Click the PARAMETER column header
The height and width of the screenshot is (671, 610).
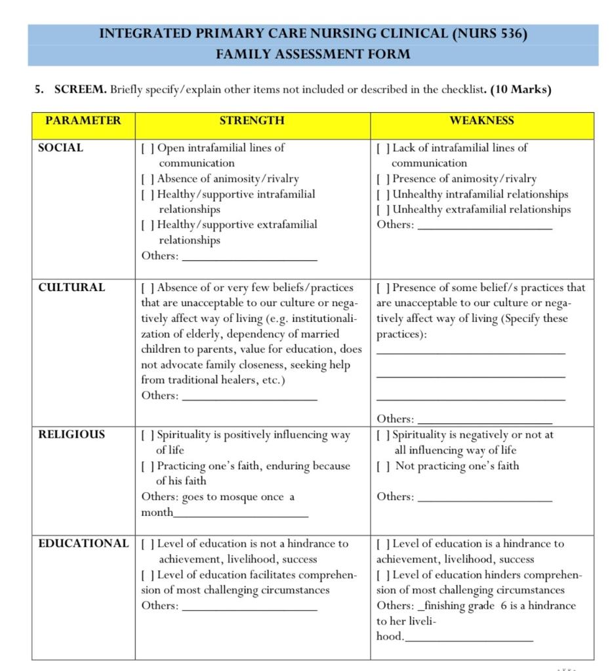coord(83,121)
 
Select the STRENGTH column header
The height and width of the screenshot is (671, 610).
coord(252,121)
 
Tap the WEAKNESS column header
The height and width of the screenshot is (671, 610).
coord(481,121)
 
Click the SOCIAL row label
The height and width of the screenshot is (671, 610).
coord(61,148)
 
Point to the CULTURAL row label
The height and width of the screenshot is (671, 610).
coord(71,288)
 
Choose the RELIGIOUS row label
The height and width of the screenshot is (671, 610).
coord(71,434)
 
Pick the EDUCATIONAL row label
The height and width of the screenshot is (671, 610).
coord(83,544)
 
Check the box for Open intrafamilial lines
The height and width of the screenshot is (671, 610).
coord(148,148)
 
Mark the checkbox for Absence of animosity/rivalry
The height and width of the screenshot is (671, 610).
coord(148,179)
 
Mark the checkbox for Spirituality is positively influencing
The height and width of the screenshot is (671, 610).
coord(148,435)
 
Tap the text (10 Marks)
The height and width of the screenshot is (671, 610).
coord(520,89)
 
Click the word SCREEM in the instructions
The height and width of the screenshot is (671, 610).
coord(80,89)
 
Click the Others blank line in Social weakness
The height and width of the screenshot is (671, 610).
coord(485,227)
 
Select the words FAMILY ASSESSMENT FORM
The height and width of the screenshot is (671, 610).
coord(313,54)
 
